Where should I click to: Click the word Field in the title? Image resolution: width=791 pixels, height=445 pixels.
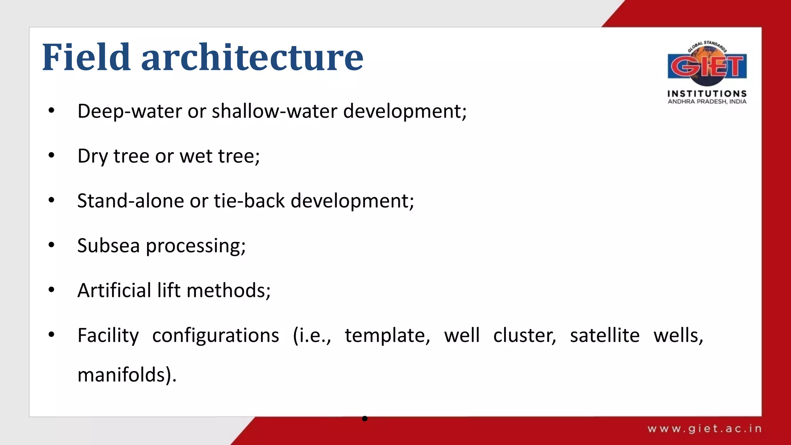86,58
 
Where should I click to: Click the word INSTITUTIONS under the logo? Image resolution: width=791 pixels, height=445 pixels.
707,93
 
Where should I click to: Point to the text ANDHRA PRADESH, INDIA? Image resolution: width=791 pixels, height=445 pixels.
707,102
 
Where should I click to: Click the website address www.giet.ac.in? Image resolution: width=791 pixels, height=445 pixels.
704,428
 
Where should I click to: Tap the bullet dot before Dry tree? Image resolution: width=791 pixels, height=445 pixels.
51,155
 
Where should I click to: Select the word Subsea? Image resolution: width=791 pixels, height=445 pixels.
108,246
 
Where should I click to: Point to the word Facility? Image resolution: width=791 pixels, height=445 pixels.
108,336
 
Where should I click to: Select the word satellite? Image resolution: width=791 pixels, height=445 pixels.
604,336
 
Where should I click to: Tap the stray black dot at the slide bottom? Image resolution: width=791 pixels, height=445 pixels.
365,418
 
